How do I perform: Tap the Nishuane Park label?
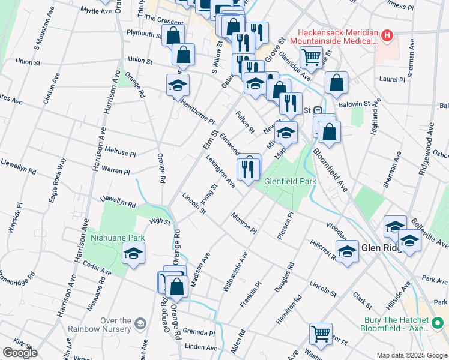click(117, 238)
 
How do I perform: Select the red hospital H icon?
click(388, 36)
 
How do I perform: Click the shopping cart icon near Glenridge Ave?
click(311, 58)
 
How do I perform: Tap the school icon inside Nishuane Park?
click(133, 253)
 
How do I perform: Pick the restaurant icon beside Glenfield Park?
click(248, 167)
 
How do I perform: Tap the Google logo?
click(20, 353)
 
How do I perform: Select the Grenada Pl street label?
click(199, 332)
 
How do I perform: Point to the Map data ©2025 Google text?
click(411, 355)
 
